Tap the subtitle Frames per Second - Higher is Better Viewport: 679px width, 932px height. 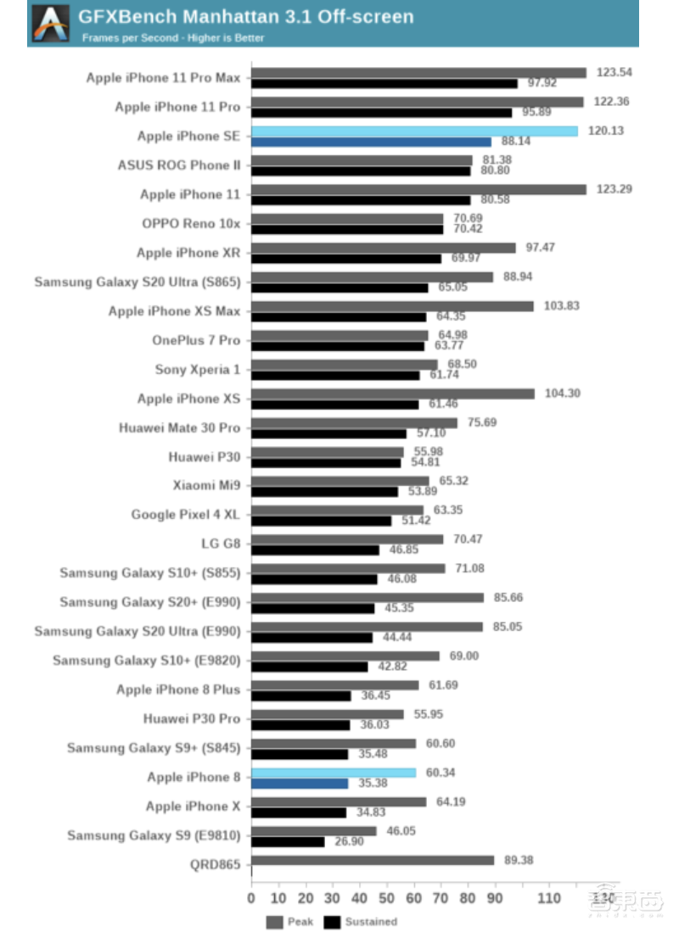173,38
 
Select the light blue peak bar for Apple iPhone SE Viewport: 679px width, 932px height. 414,131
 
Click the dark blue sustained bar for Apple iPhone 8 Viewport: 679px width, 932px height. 300,784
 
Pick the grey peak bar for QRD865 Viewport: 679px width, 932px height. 373,860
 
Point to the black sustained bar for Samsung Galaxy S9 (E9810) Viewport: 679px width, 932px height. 288,841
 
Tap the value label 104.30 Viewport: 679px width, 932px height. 561,393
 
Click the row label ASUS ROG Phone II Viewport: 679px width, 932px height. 179,165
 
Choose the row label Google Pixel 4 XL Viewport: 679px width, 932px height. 186,515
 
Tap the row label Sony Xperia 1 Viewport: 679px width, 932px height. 198,370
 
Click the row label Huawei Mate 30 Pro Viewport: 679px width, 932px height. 180,427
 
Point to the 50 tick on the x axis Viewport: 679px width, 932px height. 386,897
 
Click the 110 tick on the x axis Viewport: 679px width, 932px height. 549,897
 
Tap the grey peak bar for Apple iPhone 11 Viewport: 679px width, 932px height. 418,189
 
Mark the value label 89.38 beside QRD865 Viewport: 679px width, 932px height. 520,860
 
